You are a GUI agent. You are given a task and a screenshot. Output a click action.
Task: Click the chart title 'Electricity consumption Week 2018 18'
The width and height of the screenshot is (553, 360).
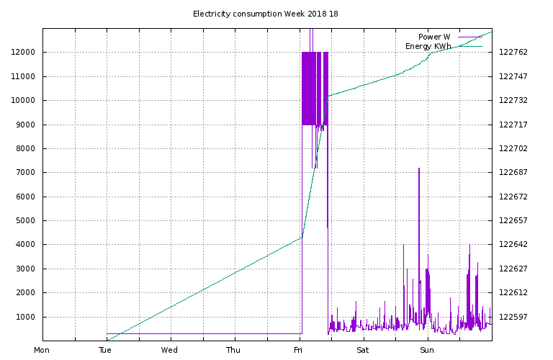(265, 14)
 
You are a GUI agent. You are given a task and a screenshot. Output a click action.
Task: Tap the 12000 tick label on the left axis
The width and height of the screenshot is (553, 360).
(23, 52)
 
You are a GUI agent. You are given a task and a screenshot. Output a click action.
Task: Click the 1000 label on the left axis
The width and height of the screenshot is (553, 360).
(25, 317)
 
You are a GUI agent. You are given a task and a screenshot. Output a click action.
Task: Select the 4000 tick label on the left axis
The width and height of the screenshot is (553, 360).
(25, 244)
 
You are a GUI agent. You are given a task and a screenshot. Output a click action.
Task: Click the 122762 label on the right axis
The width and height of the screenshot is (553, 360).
(513, 52)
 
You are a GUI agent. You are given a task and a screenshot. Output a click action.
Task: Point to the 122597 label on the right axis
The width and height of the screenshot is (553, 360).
(513, 317)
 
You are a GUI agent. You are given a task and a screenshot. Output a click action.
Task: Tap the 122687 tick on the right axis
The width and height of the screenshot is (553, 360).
(513, 172)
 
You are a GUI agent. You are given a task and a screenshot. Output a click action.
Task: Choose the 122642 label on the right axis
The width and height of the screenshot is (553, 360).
(513, 244)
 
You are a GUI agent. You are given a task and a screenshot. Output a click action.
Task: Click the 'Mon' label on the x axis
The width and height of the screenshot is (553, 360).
(42, 350)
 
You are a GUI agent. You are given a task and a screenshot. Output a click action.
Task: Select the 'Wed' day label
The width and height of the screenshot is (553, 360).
(169, 350)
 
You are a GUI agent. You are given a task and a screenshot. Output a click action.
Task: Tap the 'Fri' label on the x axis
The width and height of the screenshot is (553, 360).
(298, 350)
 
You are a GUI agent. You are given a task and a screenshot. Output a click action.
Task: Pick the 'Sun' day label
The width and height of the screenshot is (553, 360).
(427, 350)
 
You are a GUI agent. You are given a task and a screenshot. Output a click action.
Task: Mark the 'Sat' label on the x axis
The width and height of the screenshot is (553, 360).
(363, 350)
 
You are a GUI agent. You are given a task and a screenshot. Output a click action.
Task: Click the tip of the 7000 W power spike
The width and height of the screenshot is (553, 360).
(419, 168)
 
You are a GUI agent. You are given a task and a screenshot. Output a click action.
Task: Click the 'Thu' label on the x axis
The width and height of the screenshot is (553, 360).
(233, 350)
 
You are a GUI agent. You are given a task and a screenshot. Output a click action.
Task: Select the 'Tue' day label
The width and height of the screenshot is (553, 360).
(105, 350)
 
